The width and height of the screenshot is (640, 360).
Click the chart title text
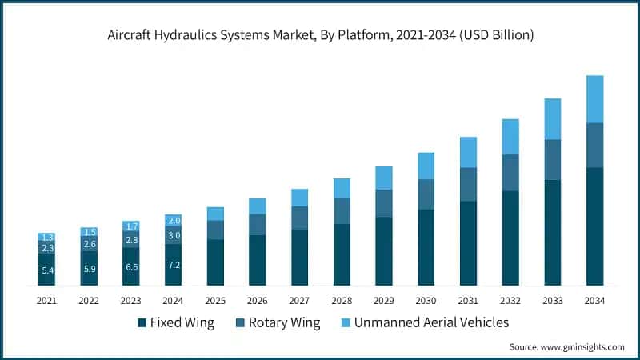[320, 35]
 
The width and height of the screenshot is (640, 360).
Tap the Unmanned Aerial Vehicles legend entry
[423, 322]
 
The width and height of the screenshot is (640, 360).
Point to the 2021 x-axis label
[47, 300]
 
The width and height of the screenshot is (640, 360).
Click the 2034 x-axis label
[594, 300]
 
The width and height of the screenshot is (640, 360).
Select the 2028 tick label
[342, 300]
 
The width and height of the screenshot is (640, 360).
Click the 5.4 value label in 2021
[47, 270]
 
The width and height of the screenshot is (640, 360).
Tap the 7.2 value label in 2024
[174, 264]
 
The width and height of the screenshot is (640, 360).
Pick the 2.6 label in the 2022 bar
[90, 244]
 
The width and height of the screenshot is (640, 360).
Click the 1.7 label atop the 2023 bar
[131, 226]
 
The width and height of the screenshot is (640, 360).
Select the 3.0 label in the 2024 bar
[174, 235]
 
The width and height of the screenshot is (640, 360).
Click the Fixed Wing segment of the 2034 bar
[594, 226]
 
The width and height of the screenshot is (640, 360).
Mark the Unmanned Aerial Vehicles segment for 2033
[553, 118]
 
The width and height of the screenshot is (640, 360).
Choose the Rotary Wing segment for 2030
[426, 194]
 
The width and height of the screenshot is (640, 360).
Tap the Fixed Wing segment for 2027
[300, 258]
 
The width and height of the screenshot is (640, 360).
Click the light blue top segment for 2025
[215, 214]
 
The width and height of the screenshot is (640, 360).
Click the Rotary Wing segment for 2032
[510, 173]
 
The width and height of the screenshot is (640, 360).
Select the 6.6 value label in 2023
[131, 266]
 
